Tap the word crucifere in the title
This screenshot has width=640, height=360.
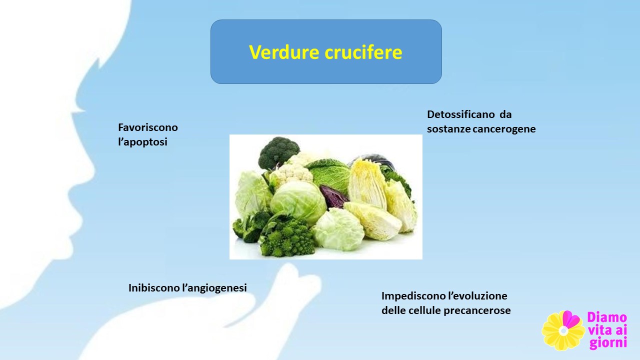(363, 52)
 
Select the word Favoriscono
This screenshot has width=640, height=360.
(148, 127)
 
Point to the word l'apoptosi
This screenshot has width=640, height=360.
(142, 142)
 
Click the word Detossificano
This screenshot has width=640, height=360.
(461, 114)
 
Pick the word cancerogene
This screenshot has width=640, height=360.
(504, 129)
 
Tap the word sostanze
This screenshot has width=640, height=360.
(449, 129)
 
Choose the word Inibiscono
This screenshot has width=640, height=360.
(154, 287)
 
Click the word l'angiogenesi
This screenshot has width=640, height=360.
(214, 288)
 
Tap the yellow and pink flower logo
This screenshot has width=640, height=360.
(563, 330)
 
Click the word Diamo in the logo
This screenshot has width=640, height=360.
(607, 317)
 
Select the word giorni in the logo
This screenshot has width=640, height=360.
(608, 343)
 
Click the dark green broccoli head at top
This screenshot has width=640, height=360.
(278, 152)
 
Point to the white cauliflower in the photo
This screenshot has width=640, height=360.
(292, 170)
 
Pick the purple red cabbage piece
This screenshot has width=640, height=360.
(333, 196)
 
